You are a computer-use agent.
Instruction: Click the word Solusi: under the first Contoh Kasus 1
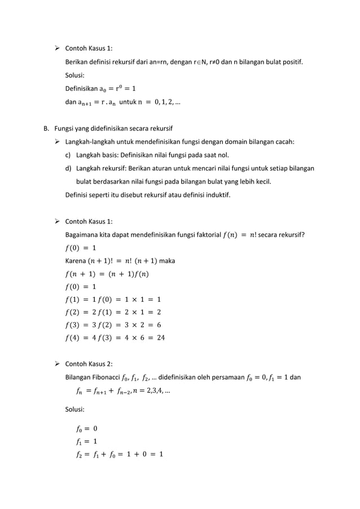coord(77,74)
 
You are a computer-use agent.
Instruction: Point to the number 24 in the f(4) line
coord(160,338)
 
